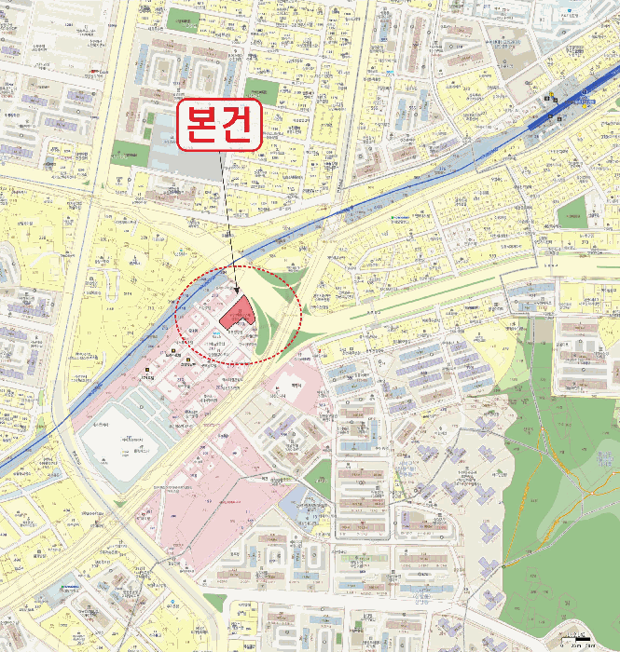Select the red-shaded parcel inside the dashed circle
[236, 314]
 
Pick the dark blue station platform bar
[559, 111]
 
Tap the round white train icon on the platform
[558, 117]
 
